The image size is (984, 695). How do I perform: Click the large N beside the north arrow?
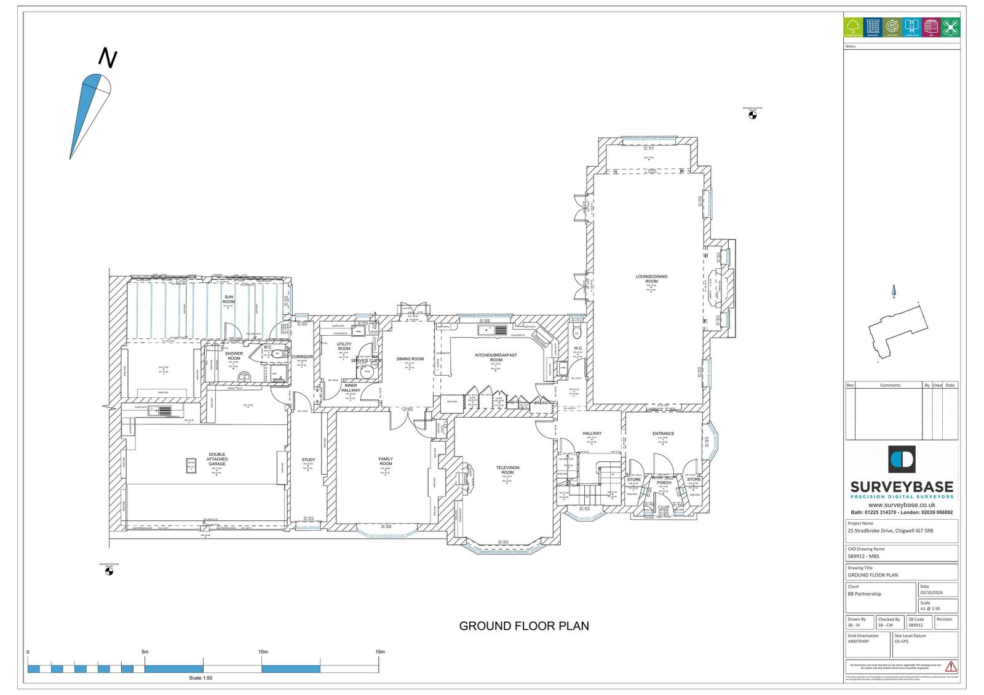108,58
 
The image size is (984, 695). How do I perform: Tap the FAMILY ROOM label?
386,461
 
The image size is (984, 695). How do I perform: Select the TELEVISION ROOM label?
507,470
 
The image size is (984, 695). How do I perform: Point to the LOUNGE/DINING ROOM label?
651,279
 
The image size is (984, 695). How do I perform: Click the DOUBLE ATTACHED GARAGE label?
217,459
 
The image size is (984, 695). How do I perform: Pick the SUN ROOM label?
229,300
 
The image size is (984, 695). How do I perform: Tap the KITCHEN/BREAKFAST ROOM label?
496,357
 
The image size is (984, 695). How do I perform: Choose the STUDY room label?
308,460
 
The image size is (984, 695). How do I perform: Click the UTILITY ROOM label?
344,346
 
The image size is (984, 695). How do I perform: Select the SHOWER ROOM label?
234,356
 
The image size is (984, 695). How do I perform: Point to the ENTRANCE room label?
663,434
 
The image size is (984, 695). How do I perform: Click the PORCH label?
664,483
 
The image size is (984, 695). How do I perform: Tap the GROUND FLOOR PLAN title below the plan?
524,626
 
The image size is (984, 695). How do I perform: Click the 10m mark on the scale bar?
263,652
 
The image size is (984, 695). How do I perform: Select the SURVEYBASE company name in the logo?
902,486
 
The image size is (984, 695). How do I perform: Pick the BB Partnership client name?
864,594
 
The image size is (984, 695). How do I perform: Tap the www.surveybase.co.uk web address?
902,505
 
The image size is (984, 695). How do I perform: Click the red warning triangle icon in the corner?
951,666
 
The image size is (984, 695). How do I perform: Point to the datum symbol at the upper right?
752,114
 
